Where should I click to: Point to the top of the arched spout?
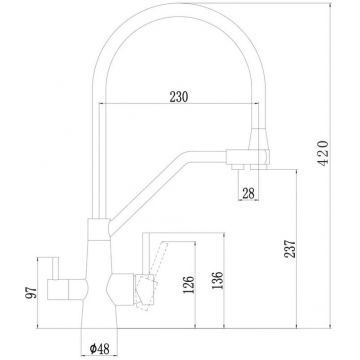(180, 12)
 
